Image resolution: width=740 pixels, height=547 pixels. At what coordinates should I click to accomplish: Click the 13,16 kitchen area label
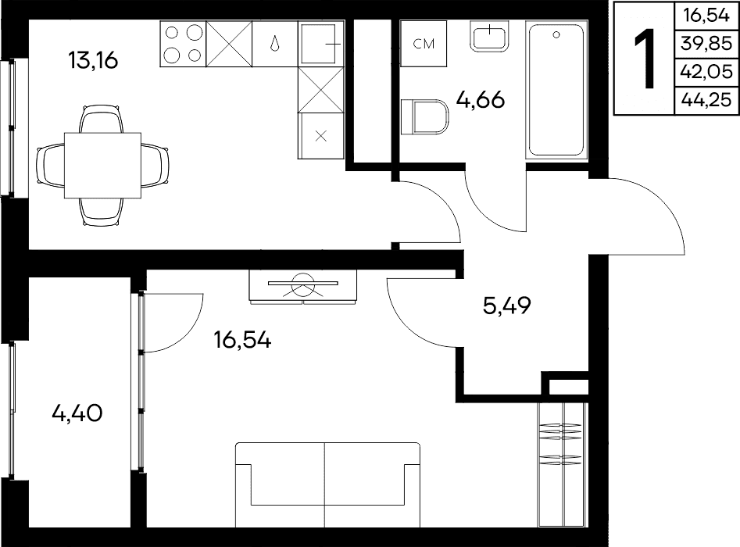92,60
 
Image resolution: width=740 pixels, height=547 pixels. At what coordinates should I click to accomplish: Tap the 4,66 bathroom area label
481,99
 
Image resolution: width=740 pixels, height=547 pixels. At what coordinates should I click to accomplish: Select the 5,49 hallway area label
507,306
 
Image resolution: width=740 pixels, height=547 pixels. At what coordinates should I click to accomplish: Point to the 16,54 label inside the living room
242,339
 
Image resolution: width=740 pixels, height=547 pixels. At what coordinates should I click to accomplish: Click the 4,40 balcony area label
77,413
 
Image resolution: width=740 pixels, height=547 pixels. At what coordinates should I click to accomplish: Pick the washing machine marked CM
424,44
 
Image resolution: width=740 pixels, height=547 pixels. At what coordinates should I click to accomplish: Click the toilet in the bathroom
424,116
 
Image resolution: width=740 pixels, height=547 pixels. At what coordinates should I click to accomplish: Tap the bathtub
556,90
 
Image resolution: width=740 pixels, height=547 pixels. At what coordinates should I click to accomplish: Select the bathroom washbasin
490,35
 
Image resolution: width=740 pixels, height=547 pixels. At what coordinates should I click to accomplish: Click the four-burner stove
183,44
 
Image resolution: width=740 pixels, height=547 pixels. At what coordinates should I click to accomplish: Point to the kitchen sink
321,44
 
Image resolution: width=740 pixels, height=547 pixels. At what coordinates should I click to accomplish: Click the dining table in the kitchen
102,166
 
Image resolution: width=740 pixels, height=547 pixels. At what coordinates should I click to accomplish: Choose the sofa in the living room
327,484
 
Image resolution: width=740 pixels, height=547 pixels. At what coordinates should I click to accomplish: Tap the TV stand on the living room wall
303,287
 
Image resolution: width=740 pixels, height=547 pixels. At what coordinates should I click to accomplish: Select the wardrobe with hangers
563,464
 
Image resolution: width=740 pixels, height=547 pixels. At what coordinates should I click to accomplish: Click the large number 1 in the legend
645,59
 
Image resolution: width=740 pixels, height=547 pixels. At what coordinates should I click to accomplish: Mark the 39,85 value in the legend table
706,44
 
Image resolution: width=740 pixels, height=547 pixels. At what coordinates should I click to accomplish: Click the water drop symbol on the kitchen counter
275,44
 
